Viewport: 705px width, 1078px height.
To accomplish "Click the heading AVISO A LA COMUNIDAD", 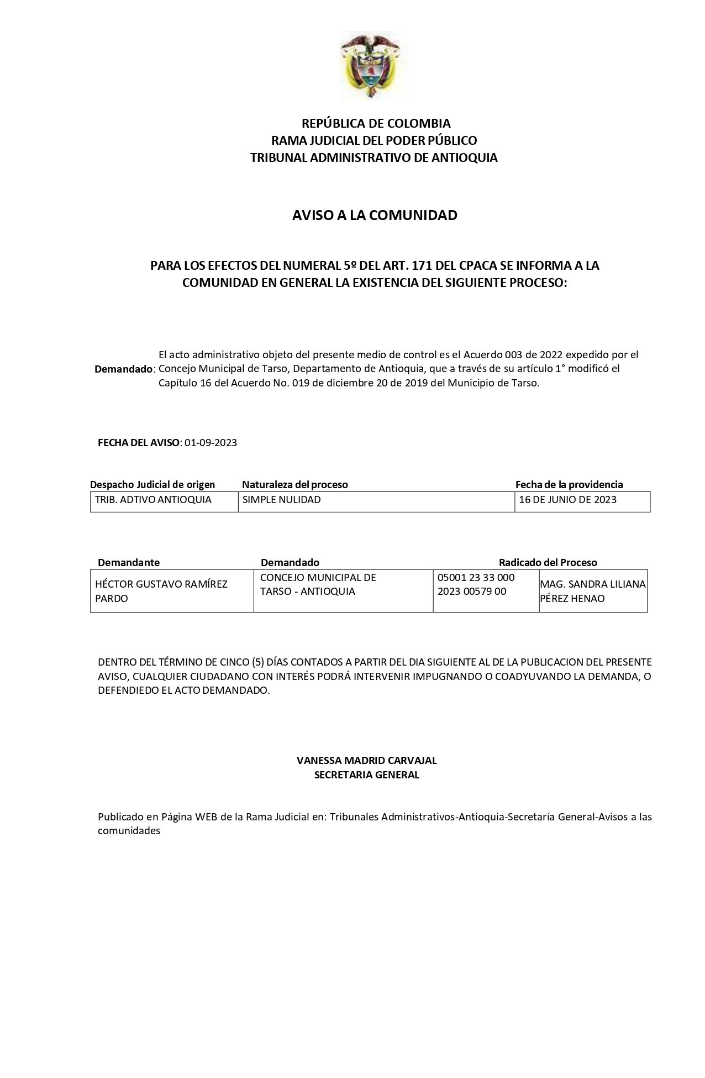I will click(375, 215).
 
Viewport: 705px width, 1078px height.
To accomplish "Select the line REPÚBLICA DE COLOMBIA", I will click(376, 123).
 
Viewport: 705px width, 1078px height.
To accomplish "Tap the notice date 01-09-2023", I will click(211, 443).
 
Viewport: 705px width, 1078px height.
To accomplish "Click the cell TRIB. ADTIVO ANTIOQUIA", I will click(154, 500).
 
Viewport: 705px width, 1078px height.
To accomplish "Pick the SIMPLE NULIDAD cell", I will click(282, 500).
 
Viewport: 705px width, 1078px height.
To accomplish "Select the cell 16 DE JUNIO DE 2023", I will click(567, 500).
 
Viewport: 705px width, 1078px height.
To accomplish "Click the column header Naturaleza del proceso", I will click(295, 485).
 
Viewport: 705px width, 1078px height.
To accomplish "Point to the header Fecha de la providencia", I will click(569, 485).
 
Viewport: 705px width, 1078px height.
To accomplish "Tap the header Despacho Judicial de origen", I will click(152, 485).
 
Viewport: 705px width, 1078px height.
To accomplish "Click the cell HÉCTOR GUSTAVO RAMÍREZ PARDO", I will click(161, 591).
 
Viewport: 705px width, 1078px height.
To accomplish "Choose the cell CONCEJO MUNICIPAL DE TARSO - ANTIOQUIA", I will click(318, 584).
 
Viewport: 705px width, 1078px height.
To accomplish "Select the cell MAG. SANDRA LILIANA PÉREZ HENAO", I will click(593, 591).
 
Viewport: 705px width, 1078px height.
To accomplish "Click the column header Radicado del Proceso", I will click(548, 563).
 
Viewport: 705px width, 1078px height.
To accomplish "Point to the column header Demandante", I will click(129, 563).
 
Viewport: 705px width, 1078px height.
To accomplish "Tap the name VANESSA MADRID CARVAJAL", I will click(366, 760).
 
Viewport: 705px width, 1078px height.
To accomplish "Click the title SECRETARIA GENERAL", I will click(366, 775).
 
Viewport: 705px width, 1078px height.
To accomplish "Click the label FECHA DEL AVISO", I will click(139, 443).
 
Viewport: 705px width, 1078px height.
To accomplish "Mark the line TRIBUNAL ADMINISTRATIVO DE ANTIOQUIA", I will click(374, 158).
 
